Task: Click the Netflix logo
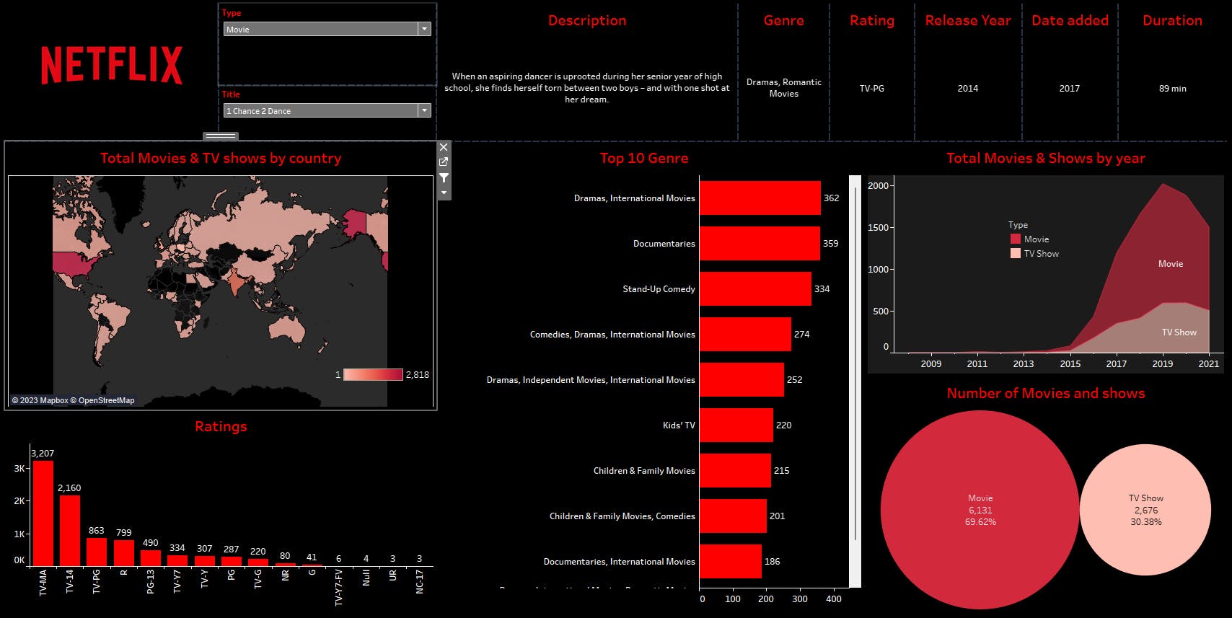[112, 65]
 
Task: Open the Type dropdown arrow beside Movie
[424, 29]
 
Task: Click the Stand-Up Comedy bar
[754, 288]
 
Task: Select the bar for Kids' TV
[736, 425]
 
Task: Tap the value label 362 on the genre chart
[831, 198]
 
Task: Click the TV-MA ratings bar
[43, 513]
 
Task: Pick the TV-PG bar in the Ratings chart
[97, 552]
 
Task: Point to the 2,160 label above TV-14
[69, 488]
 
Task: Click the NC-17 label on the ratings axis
[420, 581]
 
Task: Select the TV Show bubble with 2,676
[1145, 510]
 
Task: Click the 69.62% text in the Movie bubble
[980, 522]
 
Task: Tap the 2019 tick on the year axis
[1162, 363]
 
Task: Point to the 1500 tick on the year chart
[879, 228]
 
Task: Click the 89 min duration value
[1172, 89]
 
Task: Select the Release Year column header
[967, 21]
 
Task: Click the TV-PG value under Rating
[871, 89]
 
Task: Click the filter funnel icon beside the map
[444, 177]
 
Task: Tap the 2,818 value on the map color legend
[417, 375]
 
